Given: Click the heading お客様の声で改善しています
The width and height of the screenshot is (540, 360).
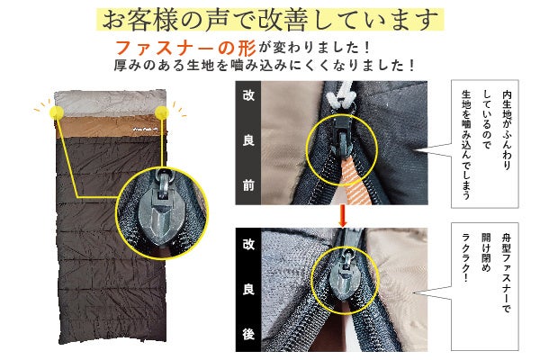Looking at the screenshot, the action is tap(270, 20).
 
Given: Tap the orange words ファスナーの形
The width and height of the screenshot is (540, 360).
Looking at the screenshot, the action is tap(185, 48).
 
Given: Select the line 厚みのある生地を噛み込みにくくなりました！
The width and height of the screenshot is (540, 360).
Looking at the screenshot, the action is tap(264, 66).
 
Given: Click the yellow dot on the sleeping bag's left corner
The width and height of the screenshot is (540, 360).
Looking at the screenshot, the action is tap(57, 112).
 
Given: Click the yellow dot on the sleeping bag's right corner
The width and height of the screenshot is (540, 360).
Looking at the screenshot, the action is tap(162, 112).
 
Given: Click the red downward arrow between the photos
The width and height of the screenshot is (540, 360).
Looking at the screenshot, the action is tap(342, 216).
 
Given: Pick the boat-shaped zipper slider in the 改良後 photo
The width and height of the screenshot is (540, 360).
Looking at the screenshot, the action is tap(345, 275).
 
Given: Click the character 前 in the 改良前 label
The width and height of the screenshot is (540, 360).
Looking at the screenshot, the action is tap(248, 185).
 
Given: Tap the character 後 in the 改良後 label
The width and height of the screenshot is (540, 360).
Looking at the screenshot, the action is tap(248, 334).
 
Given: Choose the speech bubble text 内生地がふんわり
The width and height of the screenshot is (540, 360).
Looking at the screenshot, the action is tap(507, 130).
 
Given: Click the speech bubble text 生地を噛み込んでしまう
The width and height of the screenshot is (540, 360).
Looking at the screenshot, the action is tap(466, 145).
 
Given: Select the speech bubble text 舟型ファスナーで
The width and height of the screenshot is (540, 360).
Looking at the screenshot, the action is tap(506, 274).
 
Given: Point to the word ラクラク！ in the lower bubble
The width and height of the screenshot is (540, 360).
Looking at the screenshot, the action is tap(466, 257).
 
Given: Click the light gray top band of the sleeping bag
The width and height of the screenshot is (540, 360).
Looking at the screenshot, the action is tap(111, 103).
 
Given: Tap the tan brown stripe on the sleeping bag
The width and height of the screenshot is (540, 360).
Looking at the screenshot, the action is tap(111, 128).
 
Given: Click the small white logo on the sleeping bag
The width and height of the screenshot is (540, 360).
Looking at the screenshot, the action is tap(145, 130).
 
